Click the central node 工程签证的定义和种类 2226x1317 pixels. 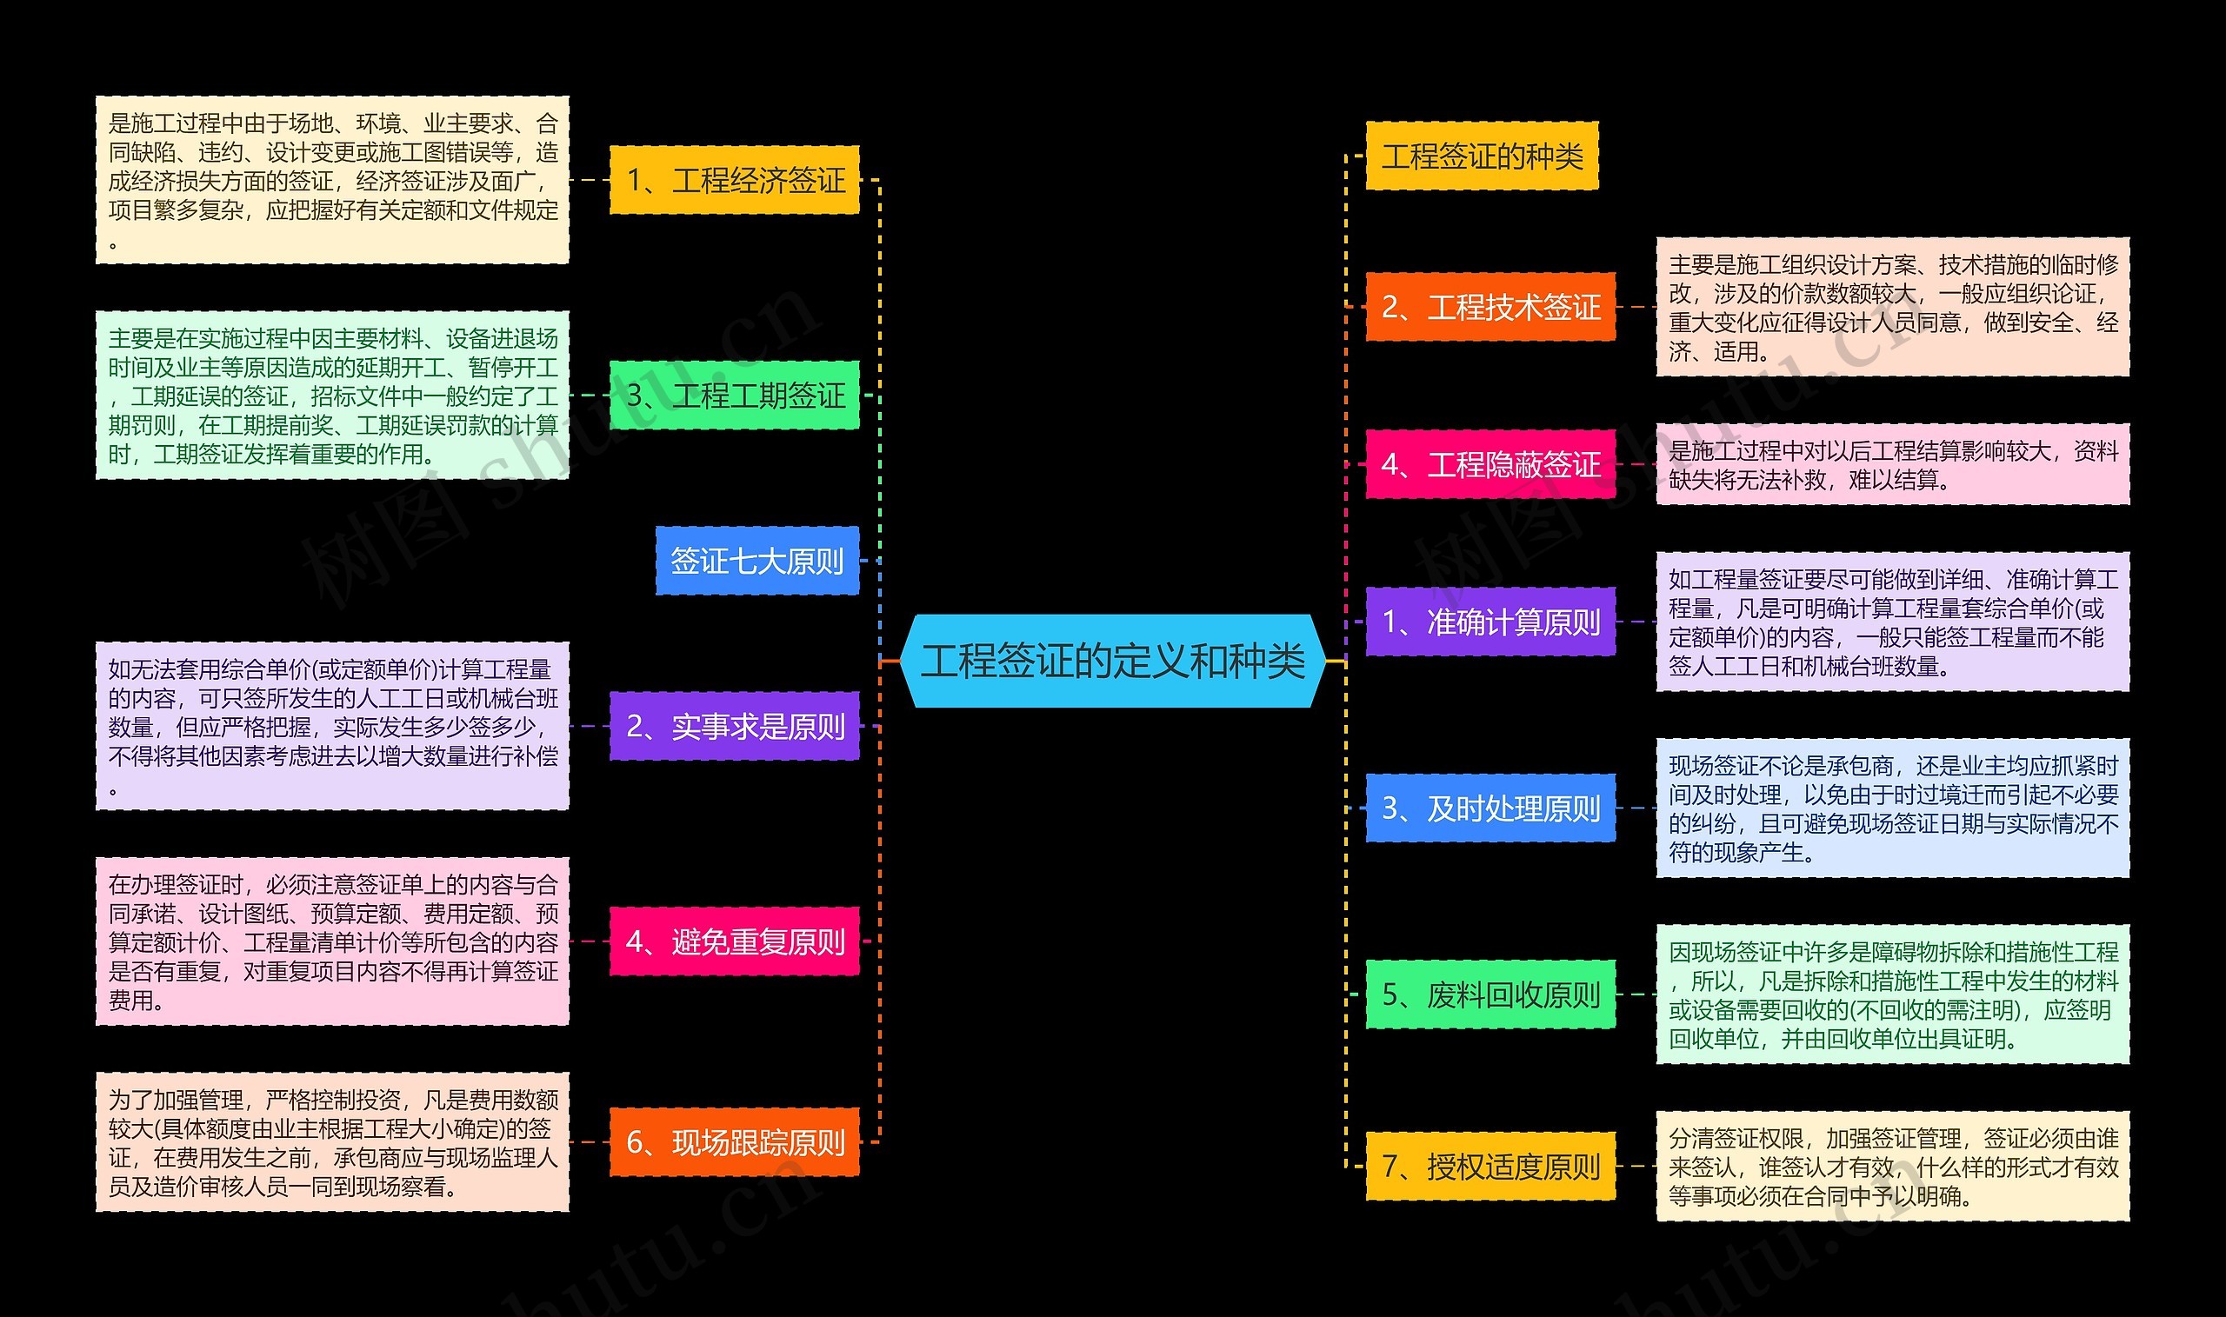pos(1112,662)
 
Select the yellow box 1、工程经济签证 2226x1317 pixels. pos(734,180)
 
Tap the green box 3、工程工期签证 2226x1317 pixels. pos(734,395)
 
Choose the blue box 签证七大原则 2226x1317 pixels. pos(756,561)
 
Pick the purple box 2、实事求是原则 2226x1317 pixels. pos(734,726)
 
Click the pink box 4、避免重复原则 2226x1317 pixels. pos(734,941)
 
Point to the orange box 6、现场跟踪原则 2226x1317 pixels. pos(734,1142)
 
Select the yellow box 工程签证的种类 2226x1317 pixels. pos(1482,156)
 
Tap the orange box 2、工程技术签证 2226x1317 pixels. pos(1490,307)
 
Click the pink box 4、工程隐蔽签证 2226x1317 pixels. pos(1490,464)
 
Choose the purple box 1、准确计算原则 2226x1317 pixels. pos(1490,622)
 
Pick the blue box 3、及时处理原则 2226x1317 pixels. pos(1490,808)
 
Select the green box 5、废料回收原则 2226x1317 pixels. pos(1490,994)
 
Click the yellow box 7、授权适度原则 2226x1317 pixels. pos(1490,1166)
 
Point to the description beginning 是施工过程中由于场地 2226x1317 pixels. pos(332,180)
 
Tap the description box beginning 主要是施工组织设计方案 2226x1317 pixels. pos(1892,307)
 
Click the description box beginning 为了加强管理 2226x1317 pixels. pos(332,1142)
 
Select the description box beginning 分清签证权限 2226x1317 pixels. pos(1892,1166)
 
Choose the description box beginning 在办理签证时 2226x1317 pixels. pos(332,941)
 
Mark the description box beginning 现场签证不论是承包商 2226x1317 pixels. pos(1892,808)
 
